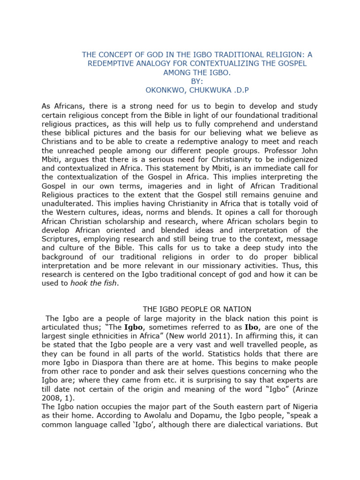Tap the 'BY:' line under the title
point(197,82)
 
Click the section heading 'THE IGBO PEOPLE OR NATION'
point(197,309)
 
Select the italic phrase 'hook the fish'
point(91,284)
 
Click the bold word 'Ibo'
point(252,327)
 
